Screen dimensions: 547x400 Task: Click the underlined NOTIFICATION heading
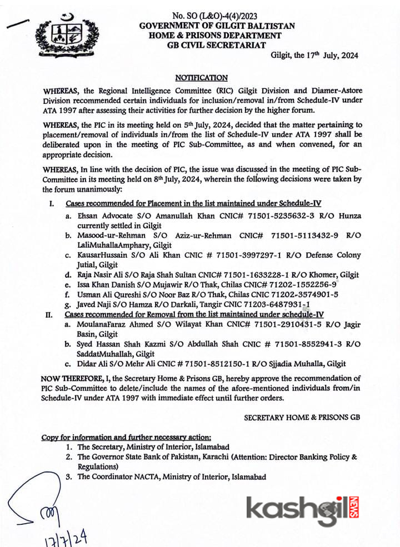(201, 78)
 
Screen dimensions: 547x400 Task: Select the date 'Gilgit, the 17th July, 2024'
(314, 55)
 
